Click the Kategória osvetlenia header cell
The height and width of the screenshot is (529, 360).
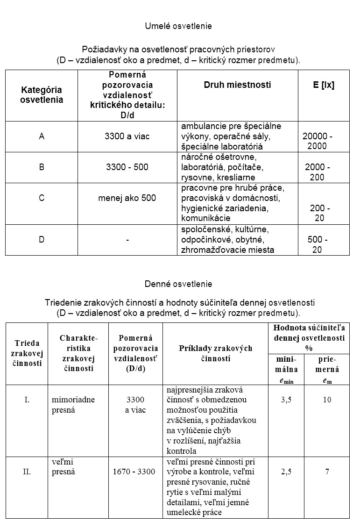tap(42, 94)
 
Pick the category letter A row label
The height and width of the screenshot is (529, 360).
tap(42, 136)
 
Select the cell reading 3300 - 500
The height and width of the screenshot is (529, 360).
tap(127, 167)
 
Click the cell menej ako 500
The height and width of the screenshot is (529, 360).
tap(127, 198)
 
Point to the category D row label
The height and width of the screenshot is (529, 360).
tap(42, 240)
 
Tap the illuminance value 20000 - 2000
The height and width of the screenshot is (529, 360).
tap(318, 141)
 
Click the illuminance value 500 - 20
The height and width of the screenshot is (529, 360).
tap(318, 245)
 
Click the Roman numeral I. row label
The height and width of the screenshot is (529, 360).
tap(27, 400)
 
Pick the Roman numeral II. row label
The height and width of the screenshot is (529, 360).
tap(27, 472)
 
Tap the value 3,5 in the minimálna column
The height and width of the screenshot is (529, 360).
tap(286, 400)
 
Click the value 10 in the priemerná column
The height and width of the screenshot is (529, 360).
tap(327, 400)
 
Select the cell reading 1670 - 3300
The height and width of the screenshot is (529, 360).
tap(134, 472)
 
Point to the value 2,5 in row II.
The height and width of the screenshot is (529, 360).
tap(286, 472)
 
